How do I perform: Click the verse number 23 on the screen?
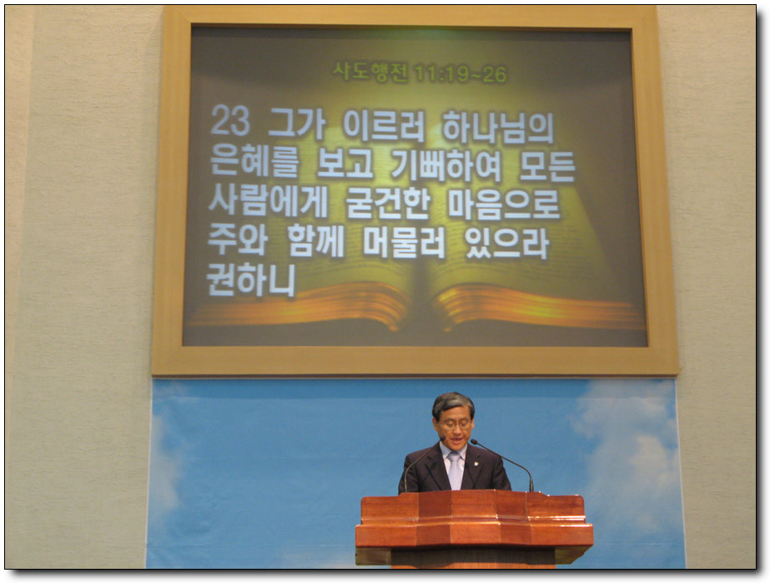(x=229, y=120)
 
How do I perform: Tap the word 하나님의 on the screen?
(x=498, y=127)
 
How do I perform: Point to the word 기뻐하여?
(x=445, y=166)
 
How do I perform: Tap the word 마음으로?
(x=504, y=204)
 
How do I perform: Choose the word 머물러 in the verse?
(x=404, y=241)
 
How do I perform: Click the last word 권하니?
(x=251, y=280)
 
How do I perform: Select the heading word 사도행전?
(x=370, y=73)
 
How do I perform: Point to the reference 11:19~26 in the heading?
(x=460, y=74)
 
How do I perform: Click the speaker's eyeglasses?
(x=455, y=423)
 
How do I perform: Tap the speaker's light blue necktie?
(x=455, y=470)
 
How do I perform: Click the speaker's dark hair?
(x=453, y=403)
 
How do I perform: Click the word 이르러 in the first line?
(x=384, y=126)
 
